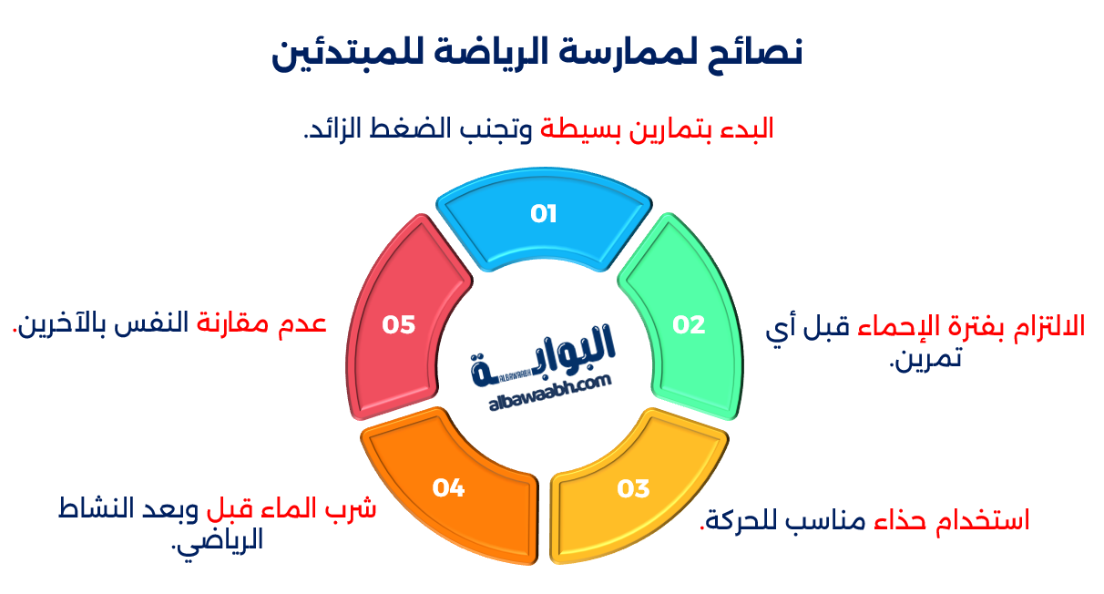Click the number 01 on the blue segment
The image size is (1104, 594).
coord(544,214)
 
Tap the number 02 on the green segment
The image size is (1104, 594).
coord(689,324)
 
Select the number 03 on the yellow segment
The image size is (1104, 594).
coord(633,488)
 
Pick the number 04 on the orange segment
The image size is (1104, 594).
coord(448,488)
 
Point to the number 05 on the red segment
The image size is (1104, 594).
coord(399,324)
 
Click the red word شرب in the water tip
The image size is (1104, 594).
coord(354,507)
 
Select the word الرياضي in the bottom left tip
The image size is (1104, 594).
coord(220,539)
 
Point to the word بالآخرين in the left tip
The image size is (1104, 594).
coord(55,323)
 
